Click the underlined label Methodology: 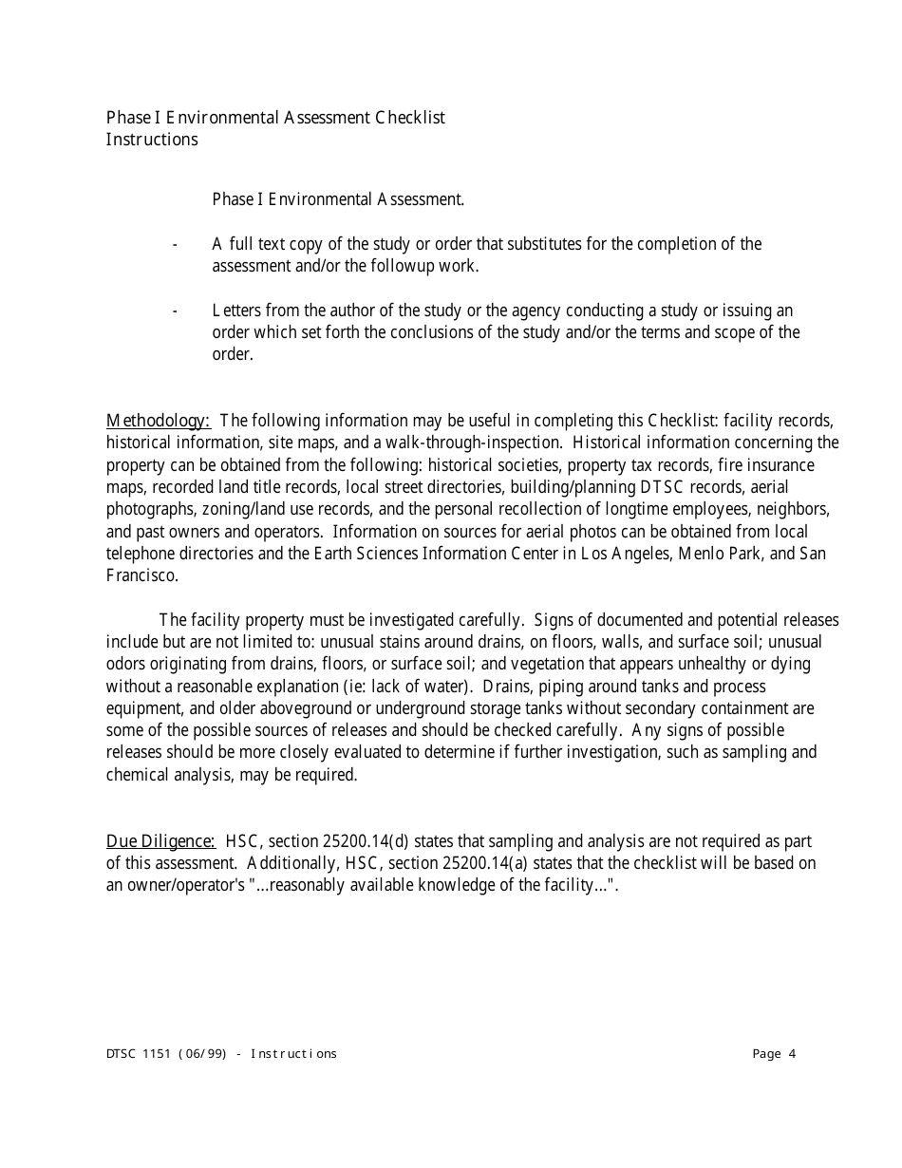[158, 421]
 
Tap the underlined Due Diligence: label [160, 841]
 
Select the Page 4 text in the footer [774, 1053]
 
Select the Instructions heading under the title [152, 140]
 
